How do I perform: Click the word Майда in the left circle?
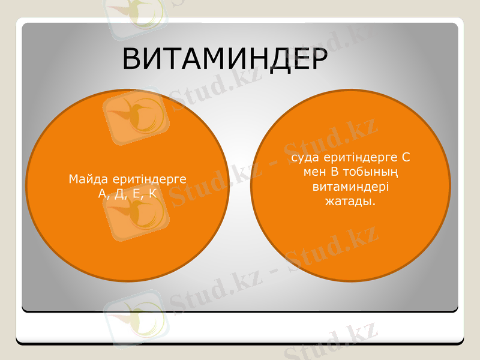point(86,179)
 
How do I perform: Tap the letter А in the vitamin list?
point(102,194)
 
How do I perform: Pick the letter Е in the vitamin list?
point(137,194)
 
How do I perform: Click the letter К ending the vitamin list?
point(152,194)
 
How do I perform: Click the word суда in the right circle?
point(304,158)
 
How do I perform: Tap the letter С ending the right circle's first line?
point(406,158)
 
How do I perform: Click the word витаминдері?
point(350,187)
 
